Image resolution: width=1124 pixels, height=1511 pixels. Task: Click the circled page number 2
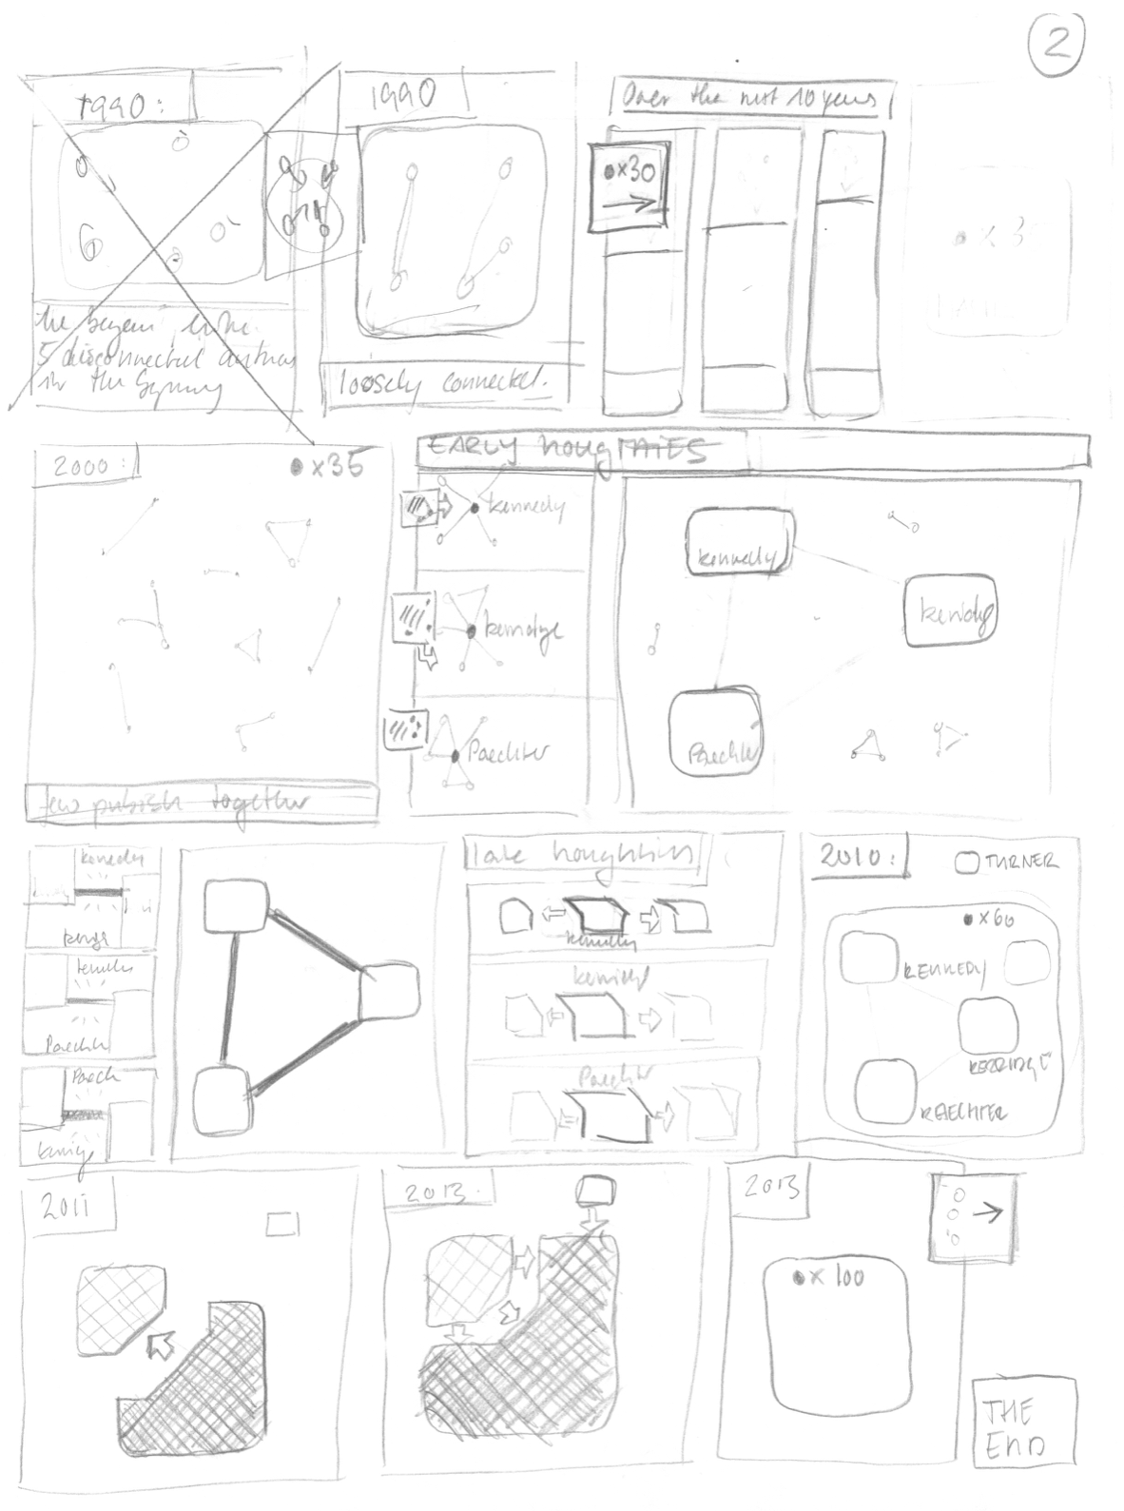pos(1056,44)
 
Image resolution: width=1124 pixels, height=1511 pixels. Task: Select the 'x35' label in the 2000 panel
pos(328,467)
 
